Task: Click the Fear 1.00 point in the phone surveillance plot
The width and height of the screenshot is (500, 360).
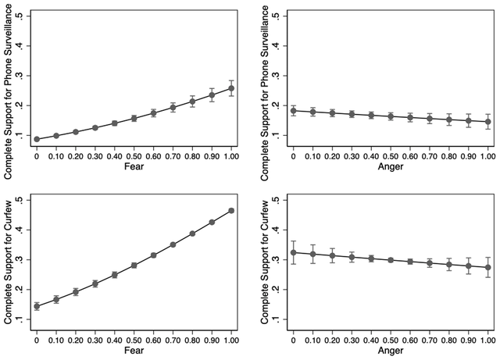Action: click(x=231, y=88)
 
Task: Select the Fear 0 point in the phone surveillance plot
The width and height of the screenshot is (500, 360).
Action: click(x=37, y=139)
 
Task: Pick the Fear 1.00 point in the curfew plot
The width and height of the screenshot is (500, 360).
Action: click(x=231, y=211)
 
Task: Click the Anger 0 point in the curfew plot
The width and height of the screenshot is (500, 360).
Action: click(x=294, y=252)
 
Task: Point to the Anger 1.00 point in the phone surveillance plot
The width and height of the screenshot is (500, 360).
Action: click(x=488, y=122)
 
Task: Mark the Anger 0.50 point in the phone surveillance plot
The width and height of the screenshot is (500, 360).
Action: click(x=391, y=116)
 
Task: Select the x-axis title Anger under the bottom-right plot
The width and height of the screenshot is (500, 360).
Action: click(x=391, y=352)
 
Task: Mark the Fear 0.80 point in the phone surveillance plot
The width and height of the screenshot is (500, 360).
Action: click(x=192, y=102)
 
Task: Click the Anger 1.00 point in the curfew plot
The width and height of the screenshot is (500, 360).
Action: click(x=488, y=267)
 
